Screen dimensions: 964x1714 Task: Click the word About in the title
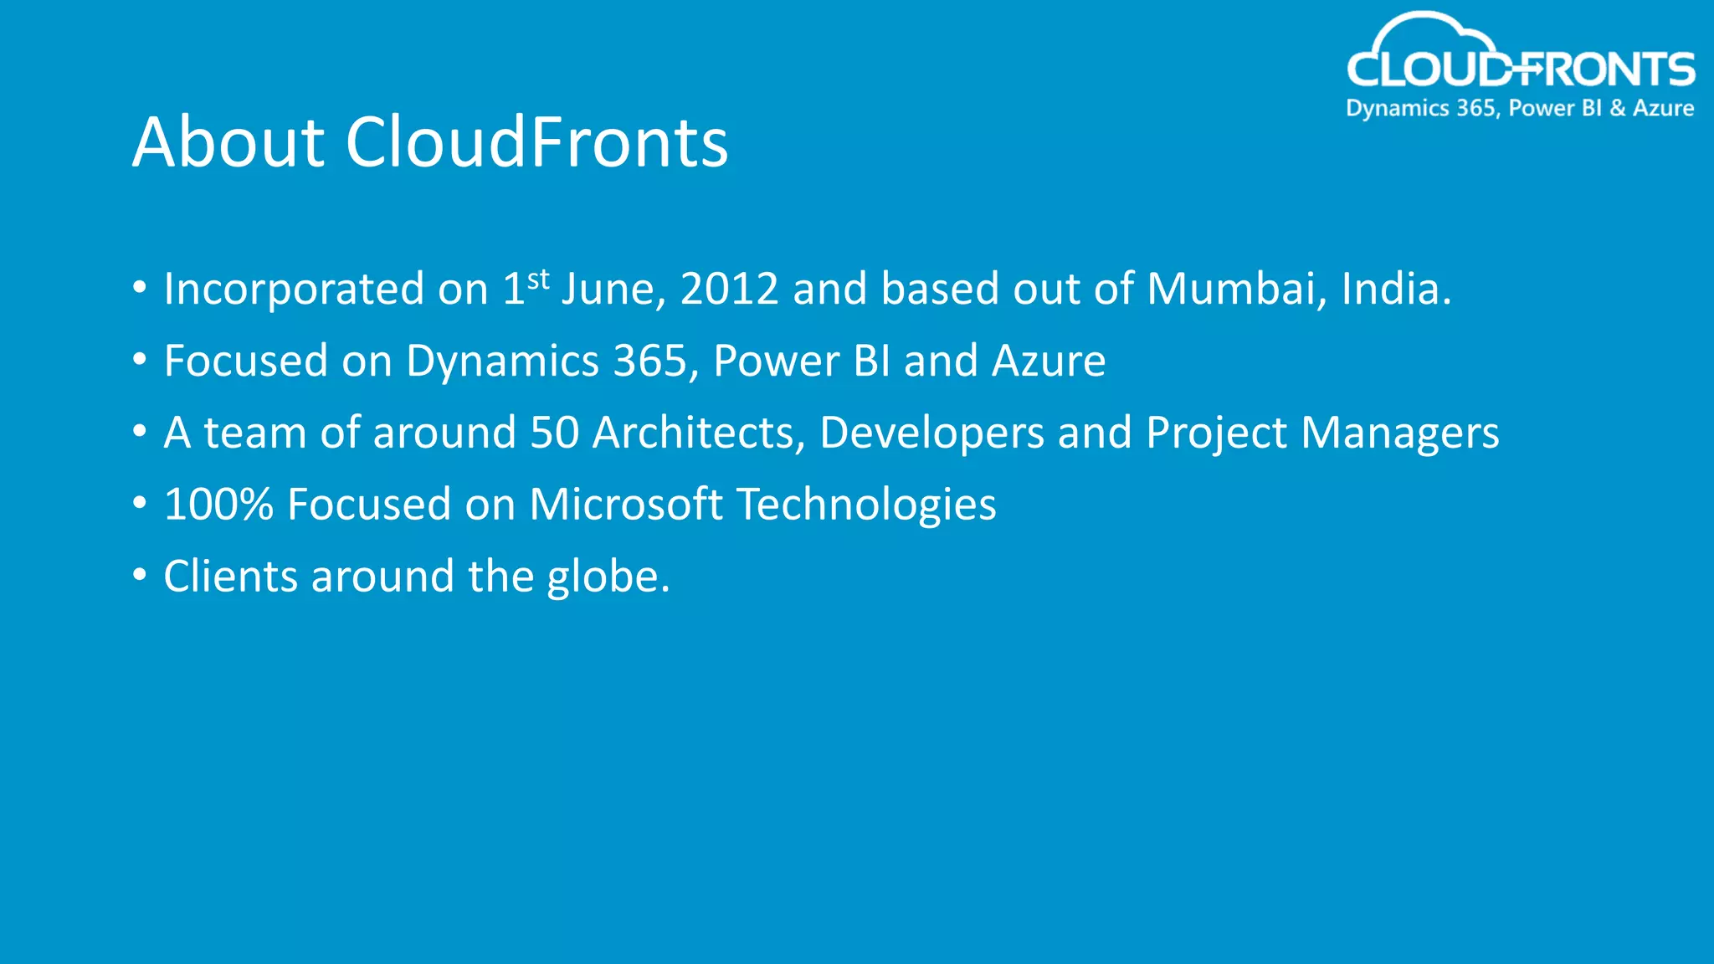click(228, 142)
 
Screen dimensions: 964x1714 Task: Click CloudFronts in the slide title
click(536, 142)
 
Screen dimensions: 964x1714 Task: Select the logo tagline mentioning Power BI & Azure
click(1520, 109)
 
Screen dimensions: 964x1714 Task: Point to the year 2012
click(729, 290)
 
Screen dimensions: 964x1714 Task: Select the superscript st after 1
click(538, 279)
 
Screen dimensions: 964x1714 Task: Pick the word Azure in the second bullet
click(1049, 361)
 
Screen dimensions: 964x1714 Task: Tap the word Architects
click(698, 433)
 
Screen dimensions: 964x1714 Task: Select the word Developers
click(931, 433)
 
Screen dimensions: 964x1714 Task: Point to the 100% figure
click(218, 505)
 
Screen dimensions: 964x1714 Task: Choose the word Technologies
click(866, 505)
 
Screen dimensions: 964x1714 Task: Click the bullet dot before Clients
click(140, 576)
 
